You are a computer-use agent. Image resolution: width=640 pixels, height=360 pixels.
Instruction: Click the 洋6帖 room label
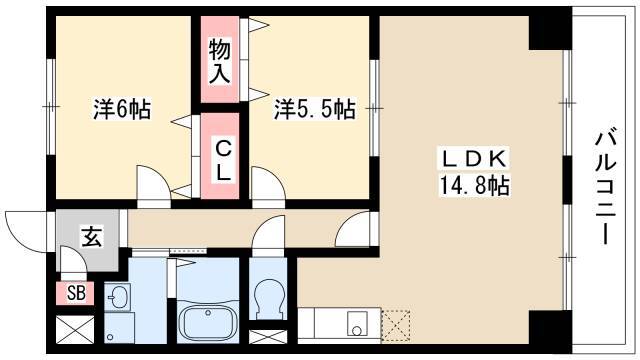click(x=122, y=109)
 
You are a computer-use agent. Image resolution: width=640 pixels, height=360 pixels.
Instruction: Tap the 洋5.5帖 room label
click(x=314, y=109)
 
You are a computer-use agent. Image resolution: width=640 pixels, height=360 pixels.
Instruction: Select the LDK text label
click(x=475, y=158)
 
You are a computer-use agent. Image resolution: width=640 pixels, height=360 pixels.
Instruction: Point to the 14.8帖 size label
click(x=474, y=186)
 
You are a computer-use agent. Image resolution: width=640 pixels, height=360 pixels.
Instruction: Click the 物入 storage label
click(x=220, y=61)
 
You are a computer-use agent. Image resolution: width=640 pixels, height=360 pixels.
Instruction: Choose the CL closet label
click(x=222, y=161)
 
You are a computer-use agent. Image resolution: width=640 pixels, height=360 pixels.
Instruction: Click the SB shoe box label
click(x=76, y=293)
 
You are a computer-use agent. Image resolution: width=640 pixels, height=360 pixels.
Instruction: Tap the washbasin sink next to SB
click(x=117, y=298)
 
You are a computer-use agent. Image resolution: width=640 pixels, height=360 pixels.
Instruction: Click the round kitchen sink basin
click(x=357, y=330)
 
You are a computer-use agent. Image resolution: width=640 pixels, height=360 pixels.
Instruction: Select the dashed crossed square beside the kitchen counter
click(x=396, y=326)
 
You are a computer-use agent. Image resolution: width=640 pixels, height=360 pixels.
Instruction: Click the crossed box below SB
click(x=75, y=329)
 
